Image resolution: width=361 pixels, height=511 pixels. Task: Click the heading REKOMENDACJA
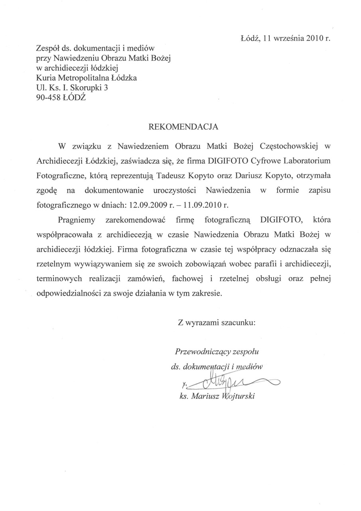[x=183, y=127]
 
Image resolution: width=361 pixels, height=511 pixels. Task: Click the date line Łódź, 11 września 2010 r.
[x=286, y=39]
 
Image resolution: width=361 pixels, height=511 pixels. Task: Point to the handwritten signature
[x=227, y=382]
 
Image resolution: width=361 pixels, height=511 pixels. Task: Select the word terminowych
[x=57, y=279]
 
